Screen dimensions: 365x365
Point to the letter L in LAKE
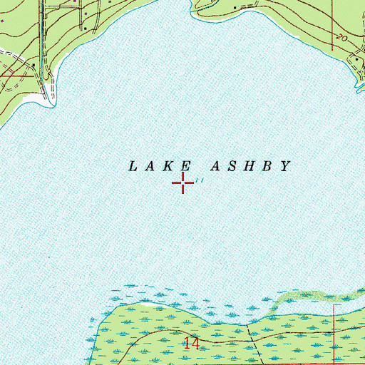132,166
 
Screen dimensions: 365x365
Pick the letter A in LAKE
150,166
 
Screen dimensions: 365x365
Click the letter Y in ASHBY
286,166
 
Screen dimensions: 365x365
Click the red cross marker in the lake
183,183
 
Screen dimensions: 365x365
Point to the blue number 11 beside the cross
200,181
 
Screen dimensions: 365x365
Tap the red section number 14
190,344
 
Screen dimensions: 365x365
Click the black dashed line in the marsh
250,335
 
